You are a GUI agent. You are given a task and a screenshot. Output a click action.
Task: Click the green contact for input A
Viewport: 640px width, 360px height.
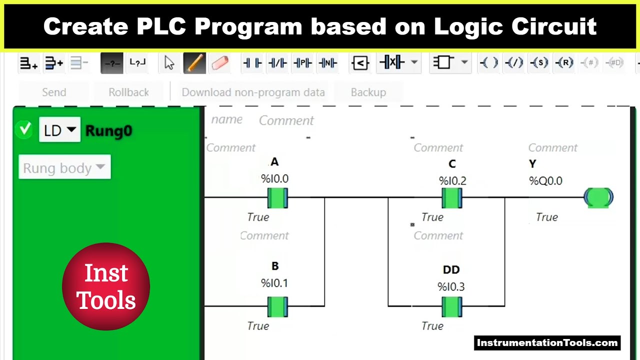[277, 198]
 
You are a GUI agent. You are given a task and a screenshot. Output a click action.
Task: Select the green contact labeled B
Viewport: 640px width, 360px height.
[277, 306]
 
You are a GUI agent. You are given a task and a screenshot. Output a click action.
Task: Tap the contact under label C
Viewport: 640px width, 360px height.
[452, 198]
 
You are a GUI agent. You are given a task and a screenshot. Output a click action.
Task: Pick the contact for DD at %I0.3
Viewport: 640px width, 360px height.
[452, 306]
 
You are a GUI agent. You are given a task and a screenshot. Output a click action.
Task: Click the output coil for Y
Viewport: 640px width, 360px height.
[598, 197]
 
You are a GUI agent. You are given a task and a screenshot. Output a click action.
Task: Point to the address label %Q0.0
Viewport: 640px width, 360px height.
[545, 181]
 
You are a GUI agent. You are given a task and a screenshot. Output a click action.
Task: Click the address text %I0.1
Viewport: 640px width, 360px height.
[274, 283]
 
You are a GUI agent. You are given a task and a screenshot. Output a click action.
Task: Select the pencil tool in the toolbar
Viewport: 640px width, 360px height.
[194, 63]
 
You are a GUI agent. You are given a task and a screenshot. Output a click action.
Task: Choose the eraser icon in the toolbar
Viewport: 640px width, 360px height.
[220, 63]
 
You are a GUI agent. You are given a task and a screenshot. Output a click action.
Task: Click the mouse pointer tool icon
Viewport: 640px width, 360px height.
[169, 63]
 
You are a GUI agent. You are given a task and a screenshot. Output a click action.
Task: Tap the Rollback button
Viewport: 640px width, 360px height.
[128, 92]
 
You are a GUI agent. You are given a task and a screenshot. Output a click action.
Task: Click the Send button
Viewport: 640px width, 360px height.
[54, 92]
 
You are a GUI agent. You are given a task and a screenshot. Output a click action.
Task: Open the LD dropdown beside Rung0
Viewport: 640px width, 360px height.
[59, 130]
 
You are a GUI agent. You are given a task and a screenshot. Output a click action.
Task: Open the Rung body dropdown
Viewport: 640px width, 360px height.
[64, 168]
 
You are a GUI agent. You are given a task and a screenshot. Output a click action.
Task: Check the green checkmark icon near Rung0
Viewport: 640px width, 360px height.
[24, 130]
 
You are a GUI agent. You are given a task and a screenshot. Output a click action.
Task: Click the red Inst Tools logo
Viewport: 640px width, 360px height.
[106, 286]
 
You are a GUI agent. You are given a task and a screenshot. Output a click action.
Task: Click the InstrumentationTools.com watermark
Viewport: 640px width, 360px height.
[547, 343]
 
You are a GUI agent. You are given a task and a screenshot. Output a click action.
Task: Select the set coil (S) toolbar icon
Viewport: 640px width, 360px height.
[539, 63]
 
